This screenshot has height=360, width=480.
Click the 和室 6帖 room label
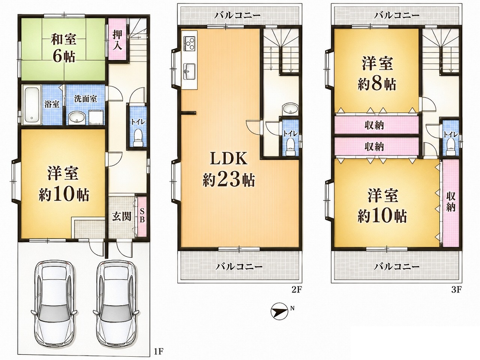pyautogui.click(x=63, y=48)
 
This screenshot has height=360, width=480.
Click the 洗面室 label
pyautogui.click(x=85, y=99)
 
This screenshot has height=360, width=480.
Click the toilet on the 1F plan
pyautogui.click(x=138, y=138)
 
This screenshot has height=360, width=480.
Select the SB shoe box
pyautogui.click(x=142, y=216)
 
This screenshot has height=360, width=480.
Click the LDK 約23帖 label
pyautogui.click(x=229, y=169)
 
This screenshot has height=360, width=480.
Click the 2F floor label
pyautogui.click(x=297, y=290)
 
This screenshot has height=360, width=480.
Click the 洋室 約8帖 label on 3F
pyautogui.click(x=377, y=73)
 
